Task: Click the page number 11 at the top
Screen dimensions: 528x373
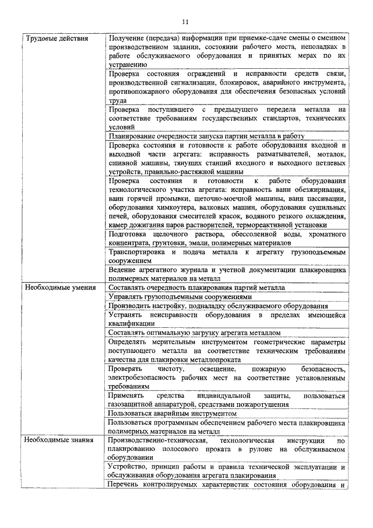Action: click(x=186, y=22)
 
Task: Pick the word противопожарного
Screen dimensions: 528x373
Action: click(x=140, y=92)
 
